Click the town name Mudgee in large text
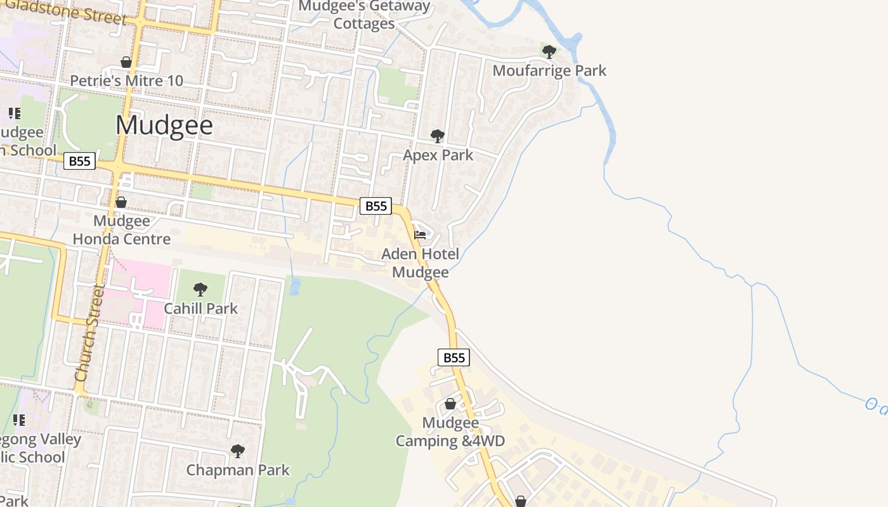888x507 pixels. click(164, 125)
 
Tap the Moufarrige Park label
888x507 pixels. click(549, 70)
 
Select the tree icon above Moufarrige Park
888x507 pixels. click(549, 51)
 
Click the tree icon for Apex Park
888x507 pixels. click(437, 136)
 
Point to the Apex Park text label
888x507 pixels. click(438, 155)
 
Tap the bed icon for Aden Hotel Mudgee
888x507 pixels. click(419, 235)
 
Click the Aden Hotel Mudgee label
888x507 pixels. click(420, 263)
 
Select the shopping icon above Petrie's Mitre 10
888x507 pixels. click(126, 62)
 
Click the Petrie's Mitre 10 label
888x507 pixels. click(126, 80)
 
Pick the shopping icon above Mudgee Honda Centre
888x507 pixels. click(121, 202)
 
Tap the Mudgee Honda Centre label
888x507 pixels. click(121, 229)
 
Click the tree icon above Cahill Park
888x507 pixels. click(200, 290)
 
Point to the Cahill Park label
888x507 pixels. click(200, 308)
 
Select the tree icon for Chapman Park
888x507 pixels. click(237, 451)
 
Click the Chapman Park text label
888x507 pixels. click(237, 470)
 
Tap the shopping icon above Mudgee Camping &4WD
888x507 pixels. click(450, 404)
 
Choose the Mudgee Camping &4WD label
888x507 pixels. click(450, 432)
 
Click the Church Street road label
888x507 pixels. click(89, 333)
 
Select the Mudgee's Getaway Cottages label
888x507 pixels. click(364, 15)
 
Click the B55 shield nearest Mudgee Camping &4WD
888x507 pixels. click(454, 357)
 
